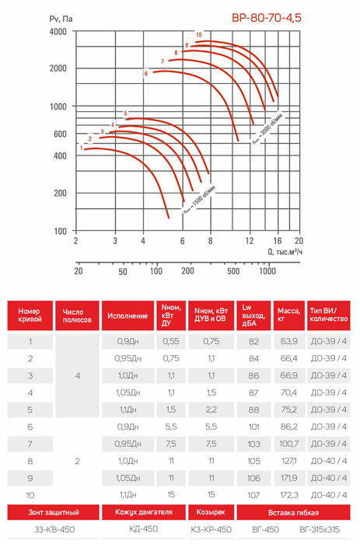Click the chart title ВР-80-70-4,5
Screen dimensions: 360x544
[266, 18]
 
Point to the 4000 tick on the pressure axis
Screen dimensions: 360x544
[58, 32]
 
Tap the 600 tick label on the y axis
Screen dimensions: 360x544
[60, 134]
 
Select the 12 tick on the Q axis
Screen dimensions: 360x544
[250, 240]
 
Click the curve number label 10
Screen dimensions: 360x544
[198, 35]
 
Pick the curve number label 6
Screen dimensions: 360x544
[146, 74]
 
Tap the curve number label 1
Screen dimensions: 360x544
[82, 148]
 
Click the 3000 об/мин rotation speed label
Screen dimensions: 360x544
[267, 128]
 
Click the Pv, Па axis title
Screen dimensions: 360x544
[61, 19]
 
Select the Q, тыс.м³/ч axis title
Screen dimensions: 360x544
[285, 251]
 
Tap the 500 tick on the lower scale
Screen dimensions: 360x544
[233, 271]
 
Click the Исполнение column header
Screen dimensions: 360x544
[128, 316]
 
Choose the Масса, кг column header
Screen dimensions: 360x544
[288, 315]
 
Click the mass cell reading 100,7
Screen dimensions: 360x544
[288, 444]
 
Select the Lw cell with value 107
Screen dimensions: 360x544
[253, 495]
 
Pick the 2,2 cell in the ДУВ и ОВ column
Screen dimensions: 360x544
[211, 410]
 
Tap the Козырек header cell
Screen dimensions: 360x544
[211, 512]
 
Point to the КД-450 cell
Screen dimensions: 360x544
[143, 528]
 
